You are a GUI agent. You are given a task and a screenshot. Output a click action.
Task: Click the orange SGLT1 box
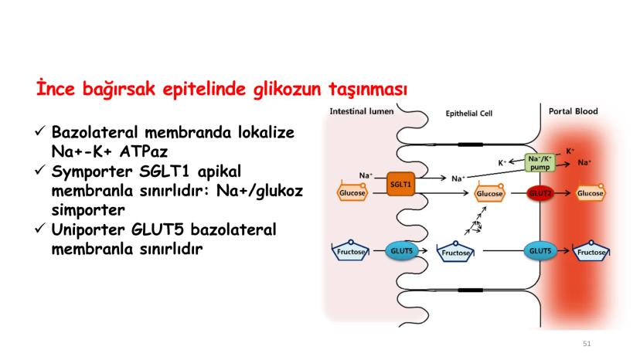(401, 185)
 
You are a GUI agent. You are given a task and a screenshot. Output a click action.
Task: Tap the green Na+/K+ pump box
(540, 163)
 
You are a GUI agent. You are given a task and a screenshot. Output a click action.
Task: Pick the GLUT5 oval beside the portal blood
(537, 251)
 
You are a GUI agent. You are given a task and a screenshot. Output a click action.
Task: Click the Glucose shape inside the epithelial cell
(490, 193)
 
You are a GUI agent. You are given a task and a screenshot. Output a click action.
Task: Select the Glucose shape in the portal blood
(591, 192)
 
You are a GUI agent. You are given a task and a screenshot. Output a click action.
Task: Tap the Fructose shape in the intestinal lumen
(352, 251)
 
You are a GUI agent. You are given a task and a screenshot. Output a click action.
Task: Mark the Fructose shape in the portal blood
(591, 252)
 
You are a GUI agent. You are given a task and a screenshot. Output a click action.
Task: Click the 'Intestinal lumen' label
(362, 111)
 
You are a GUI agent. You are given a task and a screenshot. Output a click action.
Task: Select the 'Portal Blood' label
(573, 111)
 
